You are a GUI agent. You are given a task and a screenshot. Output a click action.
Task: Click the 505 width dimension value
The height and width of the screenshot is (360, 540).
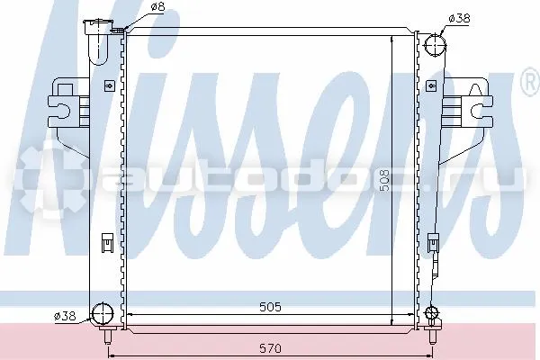point(270,307)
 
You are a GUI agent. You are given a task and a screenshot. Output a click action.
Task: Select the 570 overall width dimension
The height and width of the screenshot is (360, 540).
point(270,348)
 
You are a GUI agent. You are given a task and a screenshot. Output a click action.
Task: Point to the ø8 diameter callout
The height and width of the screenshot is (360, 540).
point(157,7)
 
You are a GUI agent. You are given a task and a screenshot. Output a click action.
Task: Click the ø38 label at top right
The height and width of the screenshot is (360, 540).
point(459,18)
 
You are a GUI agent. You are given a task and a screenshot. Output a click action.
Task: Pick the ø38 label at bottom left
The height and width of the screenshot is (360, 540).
point(65,316)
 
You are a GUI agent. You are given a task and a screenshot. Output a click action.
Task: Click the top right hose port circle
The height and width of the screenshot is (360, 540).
point(435,45)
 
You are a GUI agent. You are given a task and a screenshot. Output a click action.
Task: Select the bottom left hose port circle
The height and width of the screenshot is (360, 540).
point(103,313)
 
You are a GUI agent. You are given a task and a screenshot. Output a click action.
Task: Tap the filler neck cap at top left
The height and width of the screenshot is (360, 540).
point(99,27)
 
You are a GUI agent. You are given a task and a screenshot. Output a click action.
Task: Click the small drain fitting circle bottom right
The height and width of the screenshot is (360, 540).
point(431,313)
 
